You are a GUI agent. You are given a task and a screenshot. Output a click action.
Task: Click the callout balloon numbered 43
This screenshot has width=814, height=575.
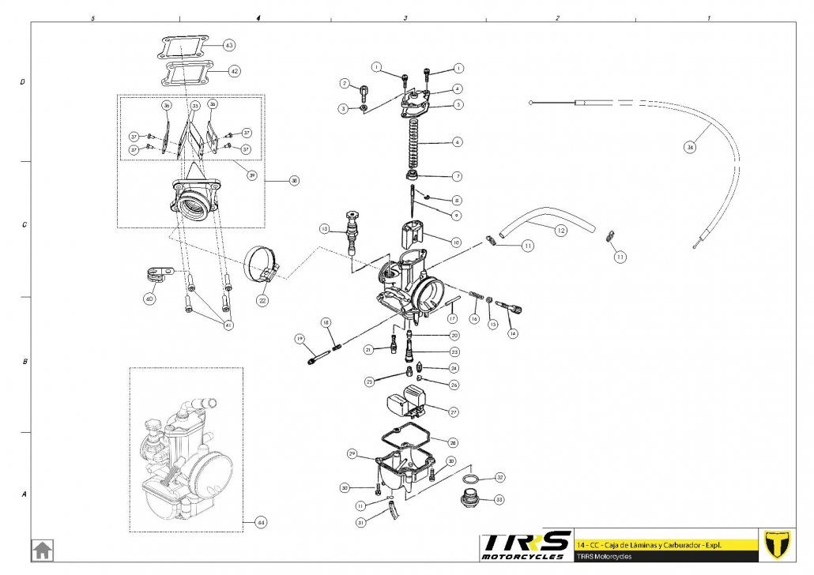tap(229, 45)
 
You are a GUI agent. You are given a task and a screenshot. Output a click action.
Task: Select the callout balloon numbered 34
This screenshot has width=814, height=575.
tap(690, 147)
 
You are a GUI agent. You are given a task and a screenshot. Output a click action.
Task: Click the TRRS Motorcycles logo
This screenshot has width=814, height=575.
tap(526, 545)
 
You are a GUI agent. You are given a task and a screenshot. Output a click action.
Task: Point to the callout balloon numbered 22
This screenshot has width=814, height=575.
tap(262, 301)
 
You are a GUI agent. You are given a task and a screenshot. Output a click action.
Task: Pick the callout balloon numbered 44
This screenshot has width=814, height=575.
tap(262, 522)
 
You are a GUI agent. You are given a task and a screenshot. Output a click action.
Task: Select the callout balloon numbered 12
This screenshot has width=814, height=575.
tap(560, 231)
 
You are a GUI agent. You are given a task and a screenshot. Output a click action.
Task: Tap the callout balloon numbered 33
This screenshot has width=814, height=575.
tap(499, 499)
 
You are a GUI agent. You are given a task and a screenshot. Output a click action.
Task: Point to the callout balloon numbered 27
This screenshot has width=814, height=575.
tap(454, 412)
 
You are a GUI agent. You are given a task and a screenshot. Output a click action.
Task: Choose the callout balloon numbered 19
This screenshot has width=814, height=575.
tap(300, 339)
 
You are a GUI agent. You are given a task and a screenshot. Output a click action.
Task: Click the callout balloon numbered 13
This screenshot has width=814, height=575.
tap(324, 229)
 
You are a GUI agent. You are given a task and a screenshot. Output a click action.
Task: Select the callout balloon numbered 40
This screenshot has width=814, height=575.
tap(149, 299)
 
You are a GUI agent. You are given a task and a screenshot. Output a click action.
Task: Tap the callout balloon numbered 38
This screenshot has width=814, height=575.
tap(294, 181)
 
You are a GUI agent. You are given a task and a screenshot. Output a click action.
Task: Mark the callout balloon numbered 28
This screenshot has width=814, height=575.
tap(453, 443)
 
